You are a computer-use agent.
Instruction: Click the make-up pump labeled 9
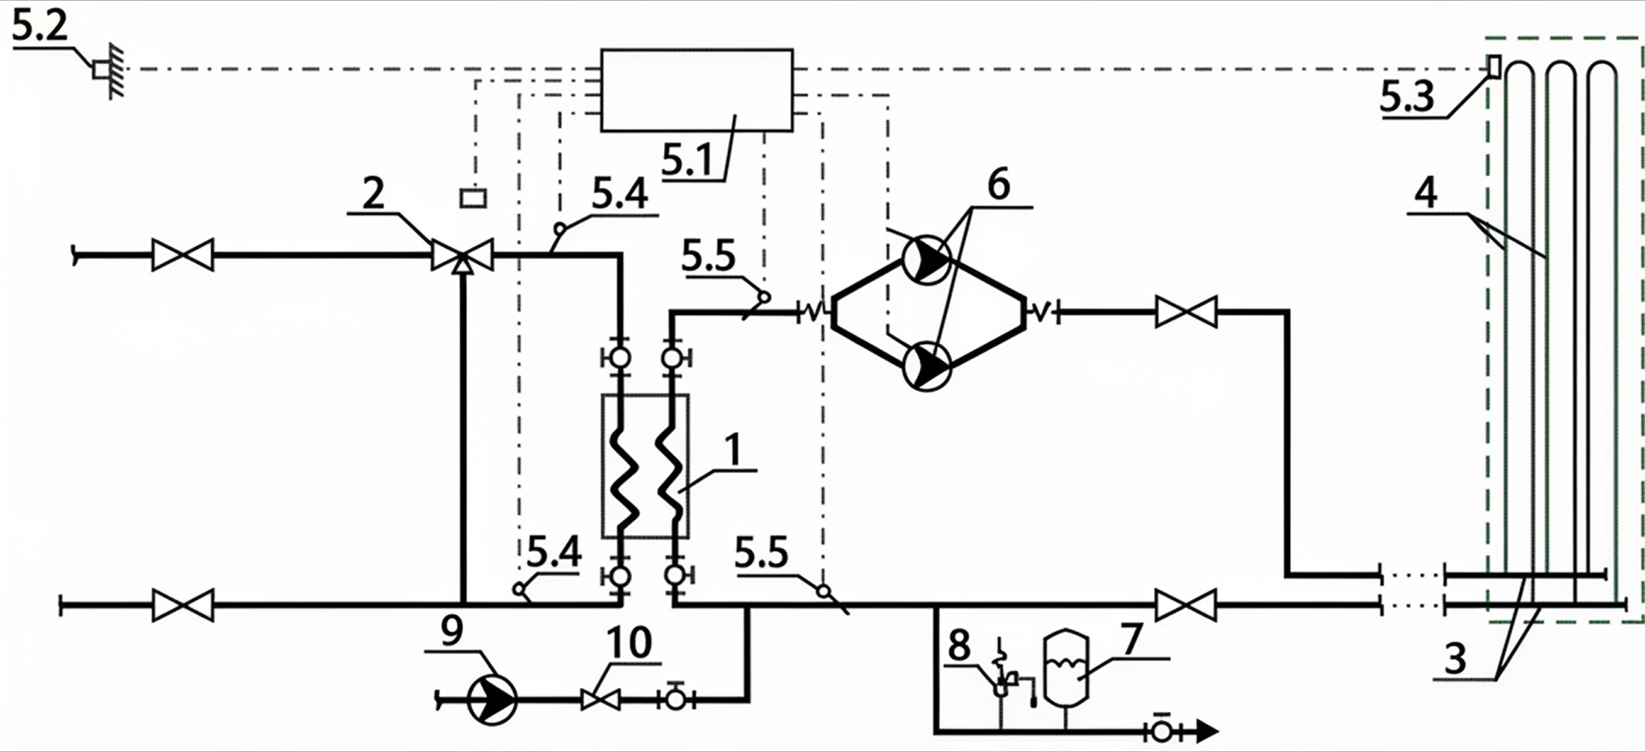(493, 700)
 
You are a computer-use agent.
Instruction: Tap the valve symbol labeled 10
(601, 700)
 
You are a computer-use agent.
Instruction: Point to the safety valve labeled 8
(1003, 676)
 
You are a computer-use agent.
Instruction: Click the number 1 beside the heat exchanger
(732, 450)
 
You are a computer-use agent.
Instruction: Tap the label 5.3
(1406, 96)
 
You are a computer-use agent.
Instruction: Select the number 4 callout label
(1426, 193)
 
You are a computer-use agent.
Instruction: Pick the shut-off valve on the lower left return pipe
(182, 605)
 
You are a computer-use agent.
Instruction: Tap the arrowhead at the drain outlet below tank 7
(1206, 731)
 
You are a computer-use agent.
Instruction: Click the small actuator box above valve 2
(473, 198)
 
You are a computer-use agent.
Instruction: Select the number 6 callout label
(998, 185)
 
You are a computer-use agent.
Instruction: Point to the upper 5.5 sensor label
(709, 257)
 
